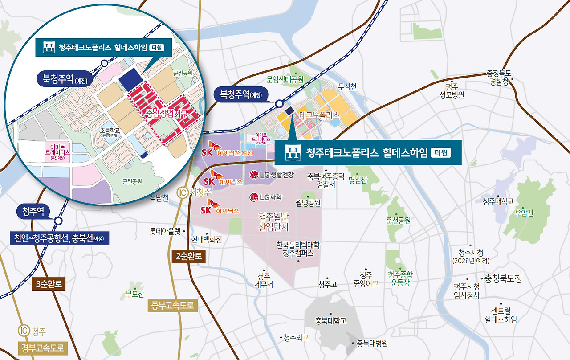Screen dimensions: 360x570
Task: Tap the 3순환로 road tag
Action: pos(49,284)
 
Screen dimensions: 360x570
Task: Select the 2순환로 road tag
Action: pos(188,256)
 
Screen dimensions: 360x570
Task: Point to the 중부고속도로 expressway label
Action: pos(172,306)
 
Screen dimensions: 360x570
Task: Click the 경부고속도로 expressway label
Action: pos(43,348)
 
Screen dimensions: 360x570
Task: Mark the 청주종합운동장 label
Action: pos(400,278)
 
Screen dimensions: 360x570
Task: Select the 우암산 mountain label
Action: pos(524,213)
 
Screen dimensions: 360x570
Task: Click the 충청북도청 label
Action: pos(503,278)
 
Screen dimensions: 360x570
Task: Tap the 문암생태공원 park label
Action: pos(285,80)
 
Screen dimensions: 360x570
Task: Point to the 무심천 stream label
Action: pos(347,87)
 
